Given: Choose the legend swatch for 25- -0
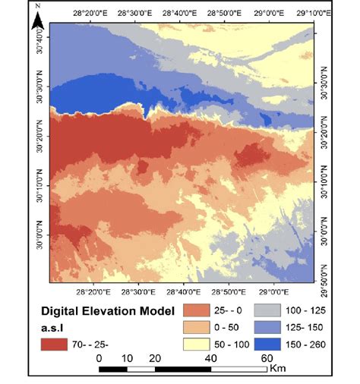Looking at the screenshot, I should pos(195,311).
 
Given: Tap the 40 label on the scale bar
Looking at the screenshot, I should pos(210,357).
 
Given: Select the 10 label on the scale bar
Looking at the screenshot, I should pos(127,357).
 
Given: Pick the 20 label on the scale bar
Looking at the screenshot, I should pos(155,357).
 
